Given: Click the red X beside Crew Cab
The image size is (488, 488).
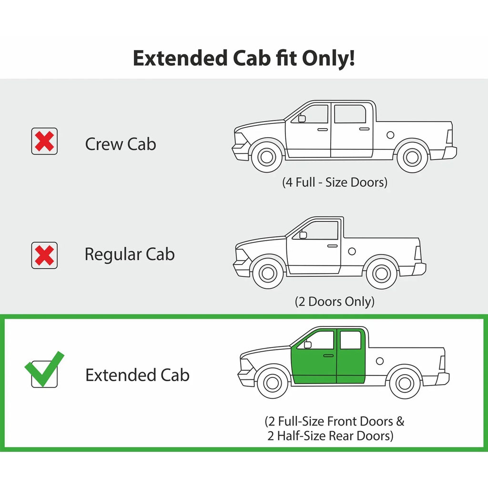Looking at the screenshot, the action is (44, 141).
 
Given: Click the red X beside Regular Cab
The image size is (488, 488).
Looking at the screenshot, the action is (44, 255).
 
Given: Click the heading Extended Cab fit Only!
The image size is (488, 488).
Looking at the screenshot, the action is (244, 58).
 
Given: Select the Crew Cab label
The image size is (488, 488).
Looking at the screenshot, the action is (121, 144).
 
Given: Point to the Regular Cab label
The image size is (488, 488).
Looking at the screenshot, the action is (130, 254).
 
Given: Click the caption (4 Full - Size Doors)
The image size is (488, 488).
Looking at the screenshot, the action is (335, 182).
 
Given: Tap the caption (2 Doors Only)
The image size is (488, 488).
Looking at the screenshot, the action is (335, 301).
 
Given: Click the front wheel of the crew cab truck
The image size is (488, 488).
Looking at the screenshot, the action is (267, 156).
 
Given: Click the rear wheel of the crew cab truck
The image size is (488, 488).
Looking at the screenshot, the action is (412, 157).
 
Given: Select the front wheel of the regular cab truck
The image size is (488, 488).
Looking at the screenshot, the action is (268, 273).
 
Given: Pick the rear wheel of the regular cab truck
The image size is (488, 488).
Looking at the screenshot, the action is (382, 274).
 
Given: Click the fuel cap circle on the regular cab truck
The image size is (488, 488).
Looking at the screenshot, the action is (352, 251).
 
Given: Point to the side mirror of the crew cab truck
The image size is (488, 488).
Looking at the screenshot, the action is (302, 118).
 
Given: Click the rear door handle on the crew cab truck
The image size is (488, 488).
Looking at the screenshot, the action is (364, 129).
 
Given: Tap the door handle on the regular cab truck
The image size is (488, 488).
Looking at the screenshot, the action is (332, 246).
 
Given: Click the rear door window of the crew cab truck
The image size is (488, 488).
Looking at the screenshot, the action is (350, 114).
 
